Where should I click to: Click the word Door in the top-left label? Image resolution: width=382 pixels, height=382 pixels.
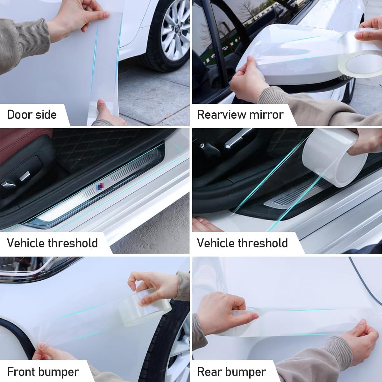[21, 115]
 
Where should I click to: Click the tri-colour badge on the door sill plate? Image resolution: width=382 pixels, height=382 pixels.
[100, 186]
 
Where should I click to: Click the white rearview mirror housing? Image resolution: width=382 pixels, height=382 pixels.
[287, 58]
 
